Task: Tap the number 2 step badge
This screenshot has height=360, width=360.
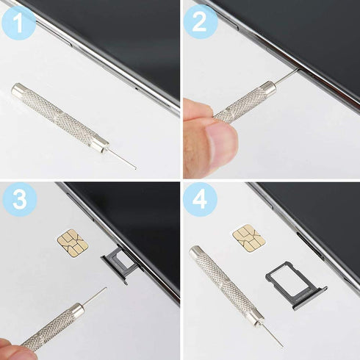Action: (199, 23)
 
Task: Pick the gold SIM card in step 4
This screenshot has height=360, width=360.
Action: (248, 235)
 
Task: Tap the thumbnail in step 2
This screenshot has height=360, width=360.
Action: (218, 137)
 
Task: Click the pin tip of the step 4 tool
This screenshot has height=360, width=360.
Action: (280, 344)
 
